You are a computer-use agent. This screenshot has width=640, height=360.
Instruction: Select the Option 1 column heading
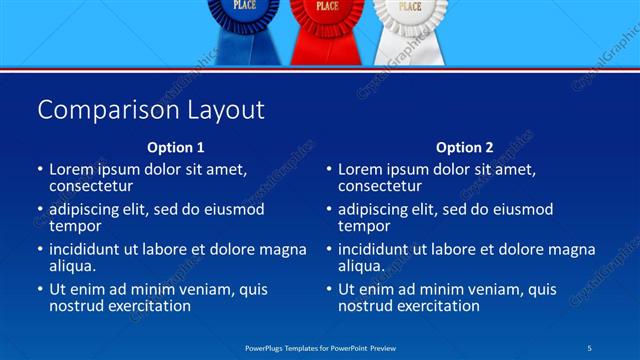(175, 147)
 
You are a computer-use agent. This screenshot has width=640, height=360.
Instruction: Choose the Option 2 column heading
(464, 147)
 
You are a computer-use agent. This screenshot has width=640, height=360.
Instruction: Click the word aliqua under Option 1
(72, 266)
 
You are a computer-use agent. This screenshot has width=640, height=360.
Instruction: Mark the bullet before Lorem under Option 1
(39, 169)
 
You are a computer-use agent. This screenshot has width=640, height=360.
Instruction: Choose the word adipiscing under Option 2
(380, 209)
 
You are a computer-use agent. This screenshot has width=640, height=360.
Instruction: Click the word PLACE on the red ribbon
(327, 6)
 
